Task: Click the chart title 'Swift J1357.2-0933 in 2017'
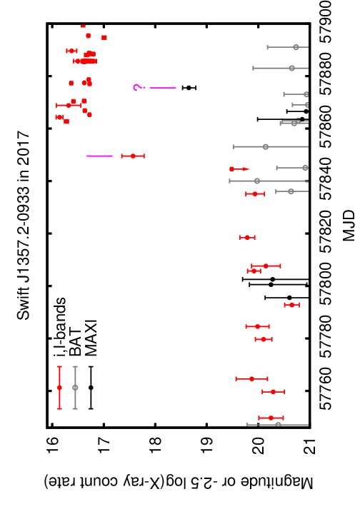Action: (x=24, y=226)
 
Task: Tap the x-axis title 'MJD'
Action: (x=349, y=226)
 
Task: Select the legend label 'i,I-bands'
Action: (x=60, y=327)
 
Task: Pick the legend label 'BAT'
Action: (x=76, y=342)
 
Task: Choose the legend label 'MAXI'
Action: (x=91, y=338)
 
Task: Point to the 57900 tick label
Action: (x=330, y=23)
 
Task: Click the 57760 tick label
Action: (x=330, y=390)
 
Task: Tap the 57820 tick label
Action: (x=330, y=233)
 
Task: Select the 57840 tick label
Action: (x=330, y=181)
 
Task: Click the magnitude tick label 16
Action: (x=52, y=445)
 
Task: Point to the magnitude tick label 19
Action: (x=207, y=445)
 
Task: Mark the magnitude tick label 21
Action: (x=310, y=445)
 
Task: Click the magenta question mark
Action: (x=137, y=88)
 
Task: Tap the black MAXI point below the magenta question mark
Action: (x=189, y=88)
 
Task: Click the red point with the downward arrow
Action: (x=232, y=169)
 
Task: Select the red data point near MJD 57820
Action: (x=247, y=237)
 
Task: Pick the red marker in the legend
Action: (x=59, y=388)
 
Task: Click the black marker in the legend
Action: (x=91, y=388)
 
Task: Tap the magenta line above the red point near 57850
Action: (x=100, y=156)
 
